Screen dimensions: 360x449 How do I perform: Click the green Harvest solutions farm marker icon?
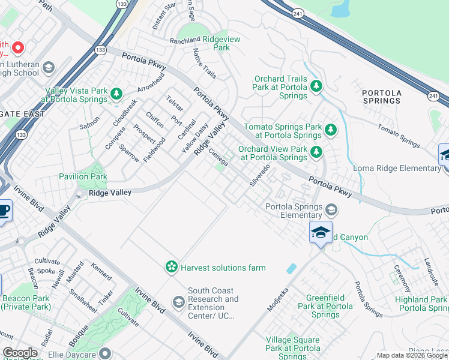pyautogui.click(x=172, y=266)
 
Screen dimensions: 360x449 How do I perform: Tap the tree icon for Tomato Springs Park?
pyautogui.click(x=330, y=130)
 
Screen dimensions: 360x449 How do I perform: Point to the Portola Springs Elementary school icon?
pyautogui.click(x=331, y=209)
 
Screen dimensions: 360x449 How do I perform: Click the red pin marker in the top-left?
pyautogui.click(x=17, y=47)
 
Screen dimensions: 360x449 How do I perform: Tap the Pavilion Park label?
pyautogui.click(x=83, y=176)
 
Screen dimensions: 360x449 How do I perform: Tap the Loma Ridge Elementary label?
pyautogui.click(x=399, y=168)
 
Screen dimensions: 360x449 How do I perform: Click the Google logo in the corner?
pyautogui.click(x=20, y=353)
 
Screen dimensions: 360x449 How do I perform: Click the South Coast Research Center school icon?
pyautogui.click(x=178, y=302)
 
